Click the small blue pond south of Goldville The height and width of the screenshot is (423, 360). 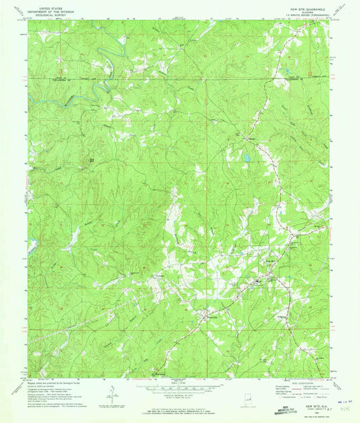coord(248,159)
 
